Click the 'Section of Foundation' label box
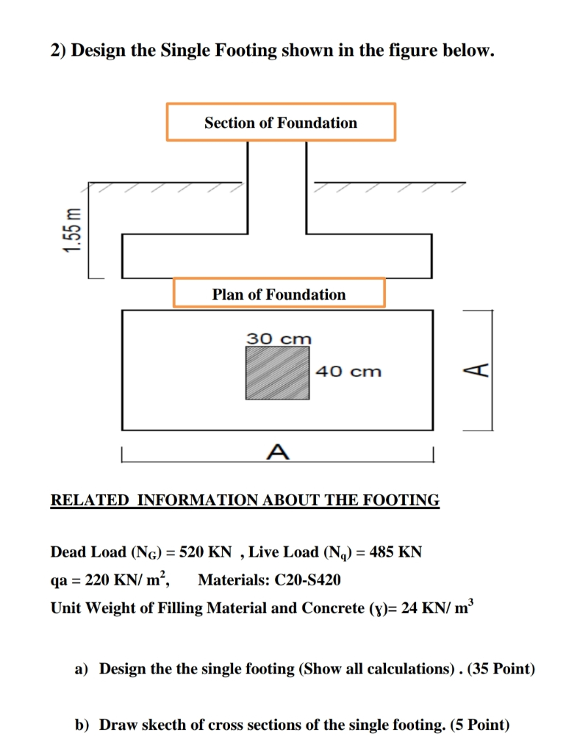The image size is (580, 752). point(281,122)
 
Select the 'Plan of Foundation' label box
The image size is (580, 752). point(279,294)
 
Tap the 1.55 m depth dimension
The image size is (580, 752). point(71,230)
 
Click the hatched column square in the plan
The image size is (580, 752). point(277,372)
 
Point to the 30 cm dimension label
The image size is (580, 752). point(279,339)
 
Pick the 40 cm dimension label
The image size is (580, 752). point(348,372)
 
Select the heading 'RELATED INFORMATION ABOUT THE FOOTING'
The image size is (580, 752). point(245,501)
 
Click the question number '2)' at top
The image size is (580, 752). point(58,51)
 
